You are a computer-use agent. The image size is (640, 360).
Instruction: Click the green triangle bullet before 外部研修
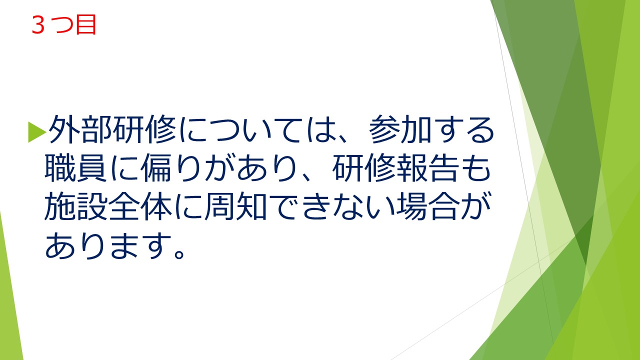pyautogui.click(x=37, y=132)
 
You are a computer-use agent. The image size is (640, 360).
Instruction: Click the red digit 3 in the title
pyautogui.click(x=38, y=25)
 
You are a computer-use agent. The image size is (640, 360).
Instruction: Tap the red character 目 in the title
pyautogui.click(x=85, y=25)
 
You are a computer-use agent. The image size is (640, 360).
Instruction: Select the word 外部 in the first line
pyautogui.click(x=80, y=129)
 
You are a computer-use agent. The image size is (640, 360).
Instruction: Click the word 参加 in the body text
pyautogui.click(x=400, y=129)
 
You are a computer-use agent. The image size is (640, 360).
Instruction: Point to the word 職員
pyautogui.click(x=76, y=168)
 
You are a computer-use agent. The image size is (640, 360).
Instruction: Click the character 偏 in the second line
pyautogui.click(x=155, y=168)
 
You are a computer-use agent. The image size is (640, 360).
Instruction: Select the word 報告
pyautogui.click(x=427, y=168)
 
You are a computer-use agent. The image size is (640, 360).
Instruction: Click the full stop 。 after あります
pyautogui.click(x=179, y=253)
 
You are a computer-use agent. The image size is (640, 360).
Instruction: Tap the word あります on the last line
pyautogui.click(x=108, y=245)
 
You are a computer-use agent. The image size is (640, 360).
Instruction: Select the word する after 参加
pyautogui.click(x=463, y=129)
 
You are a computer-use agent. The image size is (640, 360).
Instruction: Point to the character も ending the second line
pyautogui.click(x=475, y=168)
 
